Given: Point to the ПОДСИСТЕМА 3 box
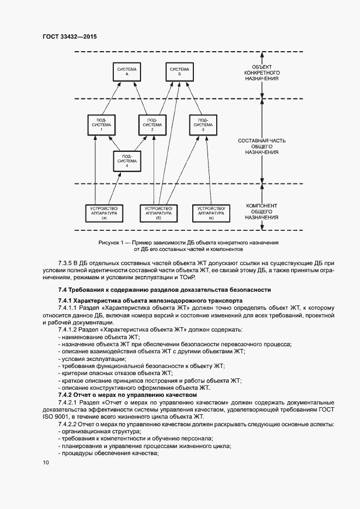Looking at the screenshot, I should (x=203, y=125).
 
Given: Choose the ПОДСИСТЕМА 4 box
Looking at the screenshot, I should (x=127, y=161).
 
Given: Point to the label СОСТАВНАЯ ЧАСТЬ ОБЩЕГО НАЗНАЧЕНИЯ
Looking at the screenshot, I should (x=262, y=146).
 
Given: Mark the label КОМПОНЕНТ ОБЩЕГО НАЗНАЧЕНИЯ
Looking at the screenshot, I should (x=262, y=211).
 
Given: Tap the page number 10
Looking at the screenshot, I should (x=46, y=462).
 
